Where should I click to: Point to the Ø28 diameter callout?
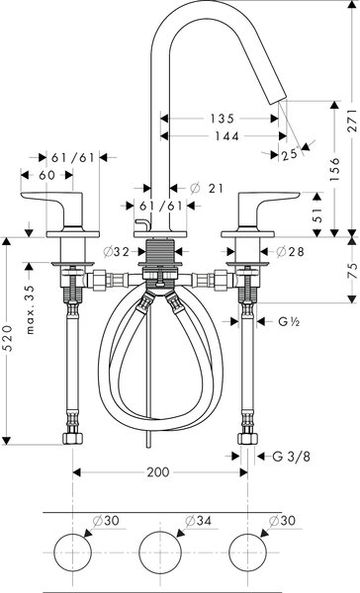click(x=289, y=251)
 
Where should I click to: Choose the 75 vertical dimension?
click(x=349, y=277)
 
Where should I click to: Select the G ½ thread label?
click(x=289, y=321)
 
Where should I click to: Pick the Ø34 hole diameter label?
click(x=198, y=521)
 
